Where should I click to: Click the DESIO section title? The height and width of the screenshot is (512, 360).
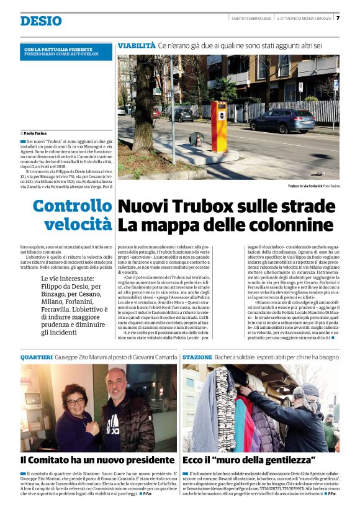tap(40, 21)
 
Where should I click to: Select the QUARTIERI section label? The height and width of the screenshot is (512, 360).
tap(36, 358)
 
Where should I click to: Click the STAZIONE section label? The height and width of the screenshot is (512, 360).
tap(197, 358)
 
